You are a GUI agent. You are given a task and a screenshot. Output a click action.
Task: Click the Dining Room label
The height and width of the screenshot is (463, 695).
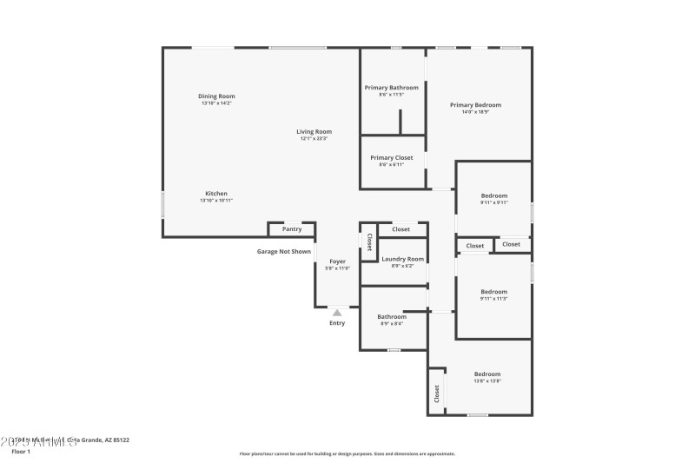(x=216, y=96)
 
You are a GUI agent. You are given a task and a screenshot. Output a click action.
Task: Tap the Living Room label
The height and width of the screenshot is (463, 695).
(x=314, y=131)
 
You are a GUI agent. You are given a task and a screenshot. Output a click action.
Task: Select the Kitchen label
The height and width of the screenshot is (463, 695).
(x=216, y=193)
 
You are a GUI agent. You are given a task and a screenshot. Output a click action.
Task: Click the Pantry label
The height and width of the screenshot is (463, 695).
(x=292, y=229)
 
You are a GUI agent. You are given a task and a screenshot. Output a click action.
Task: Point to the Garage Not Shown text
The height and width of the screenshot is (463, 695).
(x=283, y=252)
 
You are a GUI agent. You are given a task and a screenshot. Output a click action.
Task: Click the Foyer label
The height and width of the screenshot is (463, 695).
(x=337, y=261)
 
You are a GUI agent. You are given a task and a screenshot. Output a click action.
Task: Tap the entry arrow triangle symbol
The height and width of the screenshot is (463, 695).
(x=337, y=312)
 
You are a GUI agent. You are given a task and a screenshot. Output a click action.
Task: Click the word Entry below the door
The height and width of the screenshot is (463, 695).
(x=337, y=323)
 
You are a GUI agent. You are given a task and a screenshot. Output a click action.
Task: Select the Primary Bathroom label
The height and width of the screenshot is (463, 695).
(x=392, y=88)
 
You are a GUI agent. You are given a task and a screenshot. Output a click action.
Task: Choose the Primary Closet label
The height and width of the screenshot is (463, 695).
(x=392, y=157)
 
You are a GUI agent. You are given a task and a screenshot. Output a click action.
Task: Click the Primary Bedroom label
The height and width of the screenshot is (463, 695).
(x=475, y=105)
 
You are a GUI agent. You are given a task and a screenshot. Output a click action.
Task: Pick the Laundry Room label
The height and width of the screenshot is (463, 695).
(x=403, y=259)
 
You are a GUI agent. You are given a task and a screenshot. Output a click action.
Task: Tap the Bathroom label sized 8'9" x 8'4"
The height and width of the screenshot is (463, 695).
(x=392, y=317)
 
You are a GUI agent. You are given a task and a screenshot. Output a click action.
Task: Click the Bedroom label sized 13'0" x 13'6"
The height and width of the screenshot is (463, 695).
(x=487, y=374)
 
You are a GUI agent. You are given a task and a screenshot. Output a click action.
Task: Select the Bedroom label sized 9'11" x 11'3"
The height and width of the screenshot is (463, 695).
(x=493, y=292)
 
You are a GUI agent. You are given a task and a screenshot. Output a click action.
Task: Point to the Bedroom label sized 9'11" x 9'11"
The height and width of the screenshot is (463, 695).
(x=493, y=196)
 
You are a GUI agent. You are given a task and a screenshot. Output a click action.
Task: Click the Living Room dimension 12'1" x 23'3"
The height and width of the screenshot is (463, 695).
(x=314, y=139)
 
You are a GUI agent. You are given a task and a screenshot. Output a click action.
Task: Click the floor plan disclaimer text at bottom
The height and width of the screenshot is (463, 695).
(x=347, y=453)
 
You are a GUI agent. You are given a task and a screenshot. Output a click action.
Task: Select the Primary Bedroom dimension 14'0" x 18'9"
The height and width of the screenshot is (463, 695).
(x=475, y=112)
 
